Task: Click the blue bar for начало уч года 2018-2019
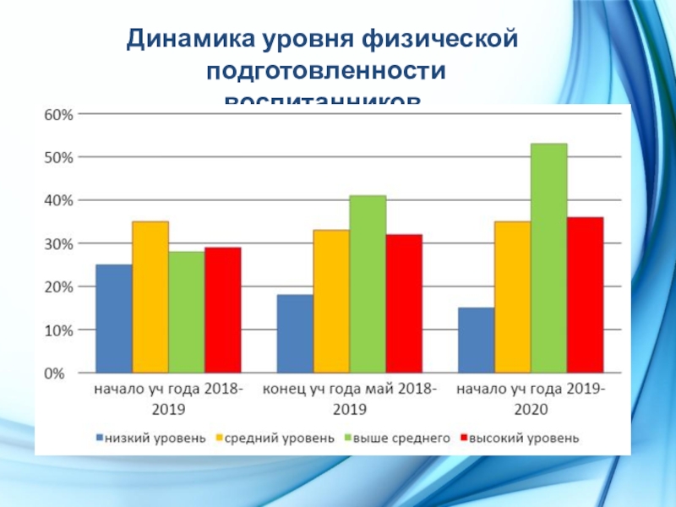point(114,319)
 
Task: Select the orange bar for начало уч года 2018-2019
point(150,297)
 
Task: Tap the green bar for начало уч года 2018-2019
point(187,312)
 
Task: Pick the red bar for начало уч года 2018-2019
point(222,309)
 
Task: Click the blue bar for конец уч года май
point(295,333)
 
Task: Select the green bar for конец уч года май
point(368,284)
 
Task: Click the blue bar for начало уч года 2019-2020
point(476,340)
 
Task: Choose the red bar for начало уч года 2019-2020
point(585,295)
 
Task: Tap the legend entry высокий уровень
point(517,438)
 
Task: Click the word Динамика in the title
point(182,40)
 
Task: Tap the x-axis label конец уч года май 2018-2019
point(350,398)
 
